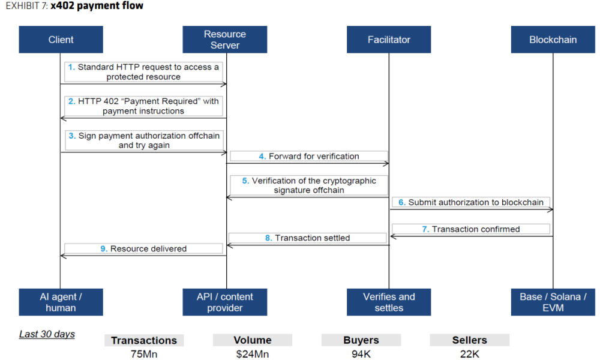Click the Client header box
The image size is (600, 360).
[61, 40]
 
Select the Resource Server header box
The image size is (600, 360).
[225, 40]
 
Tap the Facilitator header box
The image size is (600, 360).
[389, 40]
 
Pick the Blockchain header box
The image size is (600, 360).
[553, 40]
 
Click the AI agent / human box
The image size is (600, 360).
[61, 302]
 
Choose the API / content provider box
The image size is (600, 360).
[225, 302]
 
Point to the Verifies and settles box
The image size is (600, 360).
[389, 302]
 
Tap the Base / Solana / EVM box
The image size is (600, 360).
[553, 302]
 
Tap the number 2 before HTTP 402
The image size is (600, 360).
[71, 101]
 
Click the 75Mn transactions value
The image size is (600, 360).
[144, 354]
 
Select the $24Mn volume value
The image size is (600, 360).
[252, 354]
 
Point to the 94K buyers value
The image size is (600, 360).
[361, 354]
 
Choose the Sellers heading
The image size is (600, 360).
[469, 340]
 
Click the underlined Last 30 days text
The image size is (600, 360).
[47, 334]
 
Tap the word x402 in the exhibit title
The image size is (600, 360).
[62, 6]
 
